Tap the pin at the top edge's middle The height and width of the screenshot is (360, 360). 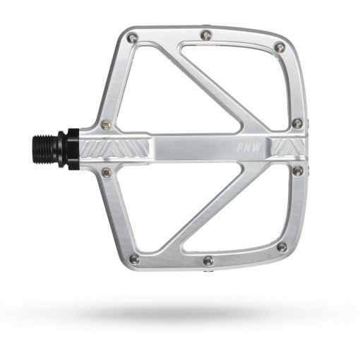pyautogui.click(x=205, y=33)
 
